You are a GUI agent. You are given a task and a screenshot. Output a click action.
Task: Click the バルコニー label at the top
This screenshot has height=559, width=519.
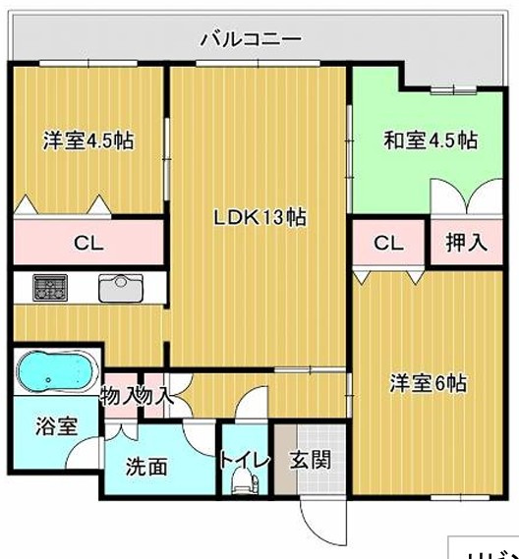[x=250, y=40]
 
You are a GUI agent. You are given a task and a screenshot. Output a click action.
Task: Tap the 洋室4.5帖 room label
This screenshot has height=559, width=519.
[x=88, y=140]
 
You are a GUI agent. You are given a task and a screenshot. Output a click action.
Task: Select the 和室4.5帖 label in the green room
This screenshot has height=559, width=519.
[x=430, y=140]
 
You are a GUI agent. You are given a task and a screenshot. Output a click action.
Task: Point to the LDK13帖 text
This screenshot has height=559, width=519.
[x=260, y=218]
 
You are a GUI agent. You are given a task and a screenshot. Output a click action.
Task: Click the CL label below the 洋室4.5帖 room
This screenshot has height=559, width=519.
[x=88, y=243]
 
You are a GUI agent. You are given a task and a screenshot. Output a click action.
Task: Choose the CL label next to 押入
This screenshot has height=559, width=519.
[x=389, y=243]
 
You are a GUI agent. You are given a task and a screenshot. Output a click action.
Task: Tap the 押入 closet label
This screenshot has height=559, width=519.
[x=467, y=243]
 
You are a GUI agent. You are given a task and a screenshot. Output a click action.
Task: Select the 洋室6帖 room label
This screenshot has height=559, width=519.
[x=427, y=383]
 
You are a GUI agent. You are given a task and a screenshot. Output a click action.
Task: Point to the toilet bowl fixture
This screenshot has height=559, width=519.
[x=242, y=482]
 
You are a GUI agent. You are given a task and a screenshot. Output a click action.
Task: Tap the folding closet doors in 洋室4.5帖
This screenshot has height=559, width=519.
[x=64, y=205]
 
